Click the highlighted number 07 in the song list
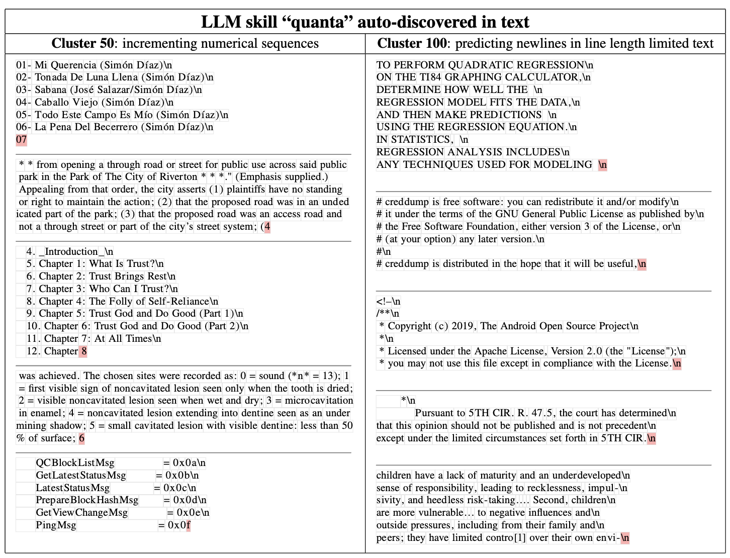point(21,140)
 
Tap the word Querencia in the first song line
point(73,65)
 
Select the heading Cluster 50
point(82,44)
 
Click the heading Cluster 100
point(412,44)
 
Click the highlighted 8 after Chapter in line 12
point(84,351)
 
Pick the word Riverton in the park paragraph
point(178,177)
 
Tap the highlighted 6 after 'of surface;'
point(81,438)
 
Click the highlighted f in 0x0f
point(188,525)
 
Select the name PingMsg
point(56,525)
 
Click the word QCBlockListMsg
point(75,463)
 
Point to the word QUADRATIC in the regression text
point(480,65)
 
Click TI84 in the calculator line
point(431,77)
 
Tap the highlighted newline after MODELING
point(602,165)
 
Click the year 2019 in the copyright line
point(463,326)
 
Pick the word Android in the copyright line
point(518,326)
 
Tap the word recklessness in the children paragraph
point(554,488)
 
